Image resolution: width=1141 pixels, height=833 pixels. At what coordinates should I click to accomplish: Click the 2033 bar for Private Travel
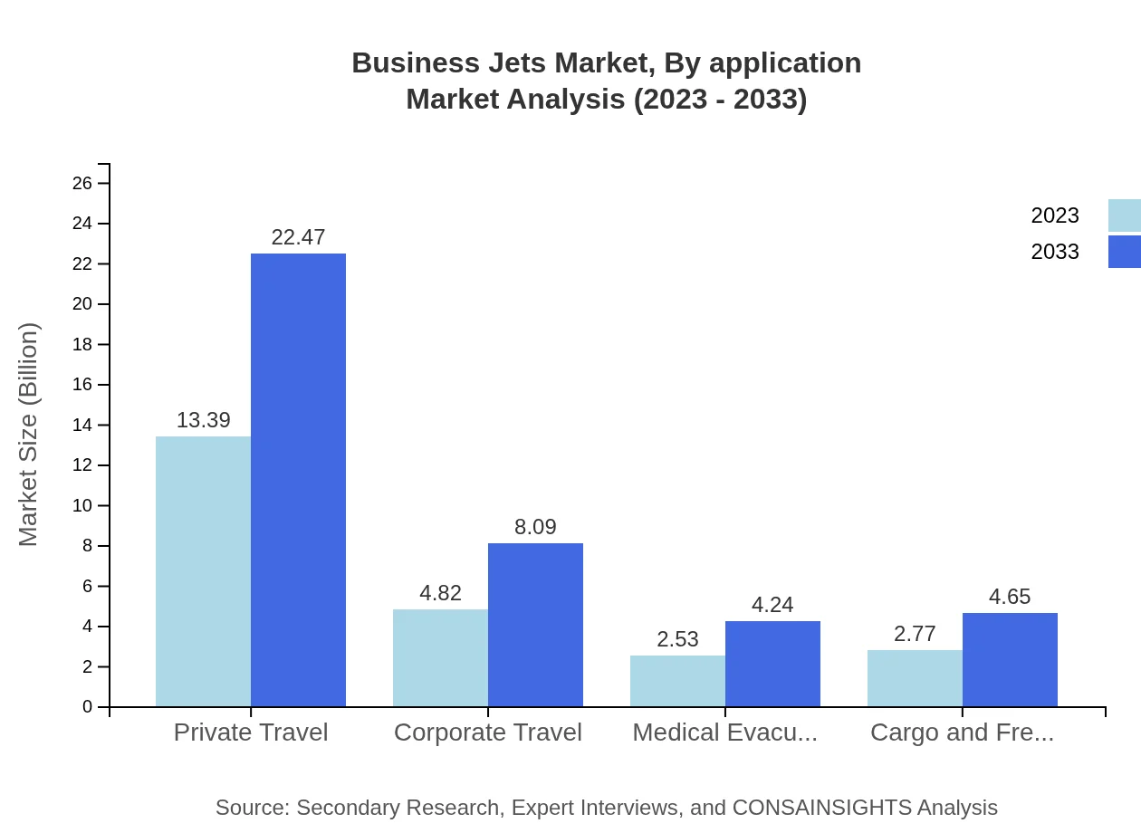298,480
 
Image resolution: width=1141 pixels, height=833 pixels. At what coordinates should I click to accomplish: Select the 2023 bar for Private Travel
203,571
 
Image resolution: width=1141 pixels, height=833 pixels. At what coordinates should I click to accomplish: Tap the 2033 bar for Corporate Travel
535,625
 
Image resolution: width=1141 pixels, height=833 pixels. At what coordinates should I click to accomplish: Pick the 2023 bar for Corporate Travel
440,657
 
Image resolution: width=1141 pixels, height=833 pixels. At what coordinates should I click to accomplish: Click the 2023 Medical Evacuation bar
677,681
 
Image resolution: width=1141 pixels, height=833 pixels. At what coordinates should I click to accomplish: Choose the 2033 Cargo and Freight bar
1010,659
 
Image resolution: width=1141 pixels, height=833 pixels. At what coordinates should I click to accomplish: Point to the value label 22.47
298,237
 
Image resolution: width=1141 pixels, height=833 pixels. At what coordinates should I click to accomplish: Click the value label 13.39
203,420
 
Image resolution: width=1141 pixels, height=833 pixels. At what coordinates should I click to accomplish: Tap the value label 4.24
772,605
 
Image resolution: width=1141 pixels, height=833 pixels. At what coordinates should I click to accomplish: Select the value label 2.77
915,634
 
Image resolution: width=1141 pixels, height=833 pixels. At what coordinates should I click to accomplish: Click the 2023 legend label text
1055,215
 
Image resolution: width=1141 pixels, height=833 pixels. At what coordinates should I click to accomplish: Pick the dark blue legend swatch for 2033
1124,252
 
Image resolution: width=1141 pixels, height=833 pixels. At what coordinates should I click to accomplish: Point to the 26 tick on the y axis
82,184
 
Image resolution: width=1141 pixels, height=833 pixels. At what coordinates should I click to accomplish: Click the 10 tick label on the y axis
82,506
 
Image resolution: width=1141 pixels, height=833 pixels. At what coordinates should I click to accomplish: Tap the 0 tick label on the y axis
88,707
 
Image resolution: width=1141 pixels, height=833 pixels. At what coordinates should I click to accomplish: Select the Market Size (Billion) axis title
29,435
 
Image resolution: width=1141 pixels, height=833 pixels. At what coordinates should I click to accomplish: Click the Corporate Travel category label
488,732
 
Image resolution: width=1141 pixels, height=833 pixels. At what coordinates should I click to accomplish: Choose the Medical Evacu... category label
724,732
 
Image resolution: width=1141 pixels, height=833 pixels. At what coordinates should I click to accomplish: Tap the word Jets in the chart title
512,63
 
